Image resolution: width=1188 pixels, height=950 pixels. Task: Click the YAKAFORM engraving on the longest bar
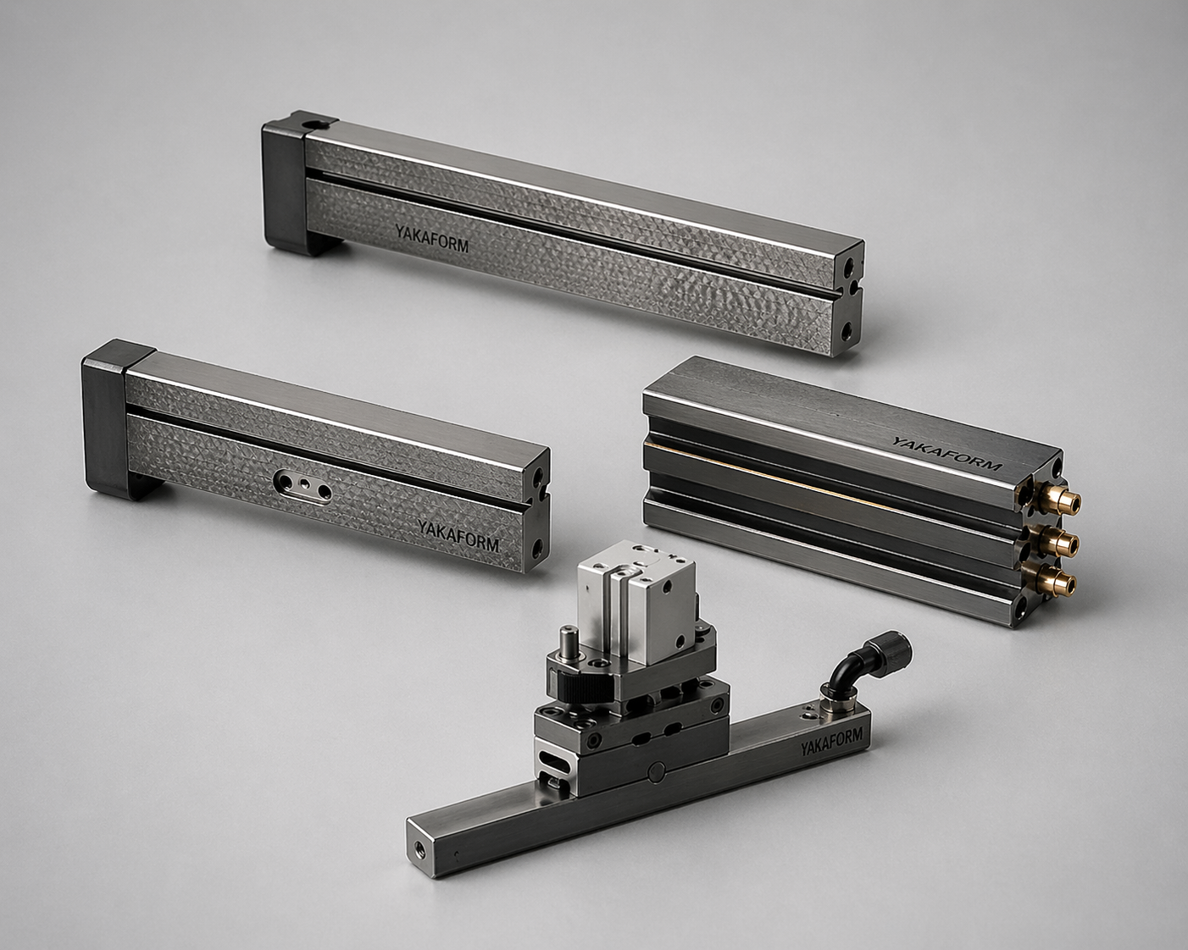click(x=431, y=238)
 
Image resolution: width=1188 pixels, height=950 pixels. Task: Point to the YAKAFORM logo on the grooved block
click(x=947, y=455)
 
